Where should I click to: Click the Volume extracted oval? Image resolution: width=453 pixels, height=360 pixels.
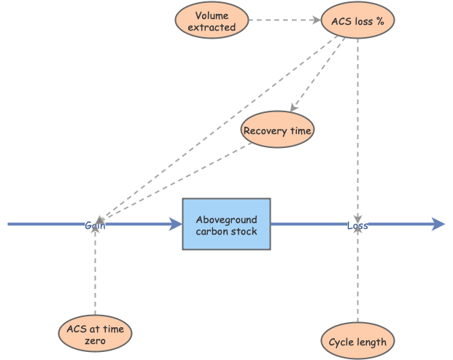click(212, 20)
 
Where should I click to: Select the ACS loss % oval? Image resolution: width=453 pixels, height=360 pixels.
click(357, 20)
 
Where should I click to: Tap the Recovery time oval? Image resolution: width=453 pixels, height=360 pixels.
click(277, 131)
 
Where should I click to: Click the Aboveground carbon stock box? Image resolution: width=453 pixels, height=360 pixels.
click(226, 224)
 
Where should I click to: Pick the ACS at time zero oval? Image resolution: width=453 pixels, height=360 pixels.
click(95, 334)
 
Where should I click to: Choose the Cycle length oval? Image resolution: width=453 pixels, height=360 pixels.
click(357, 341)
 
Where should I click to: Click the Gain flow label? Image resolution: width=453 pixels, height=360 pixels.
click(95, 225)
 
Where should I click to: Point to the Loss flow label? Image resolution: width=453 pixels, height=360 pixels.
click(357, 225)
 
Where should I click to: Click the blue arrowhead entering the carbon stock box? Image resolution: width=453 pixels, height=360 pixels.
click(176, 224)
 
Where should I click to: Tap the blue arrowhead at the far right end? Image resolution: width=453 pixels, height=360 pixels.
click(438, 224)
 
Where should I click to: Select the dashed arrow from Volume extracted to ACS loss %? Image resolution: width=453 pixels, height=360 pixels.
click(284, 20)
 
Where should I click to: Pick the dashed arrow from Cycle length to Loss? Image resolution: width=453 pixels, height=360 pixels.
click(357, 277)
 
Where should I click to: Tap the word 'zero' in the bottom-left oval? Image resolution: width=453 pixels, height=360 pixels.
click(95, 340)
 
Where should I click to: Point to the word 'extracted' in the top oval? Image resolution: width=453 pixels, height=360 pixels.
click(212, 27)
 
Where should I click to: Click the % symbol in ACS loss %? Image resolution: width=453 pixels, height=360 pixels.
click(379, 20)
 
